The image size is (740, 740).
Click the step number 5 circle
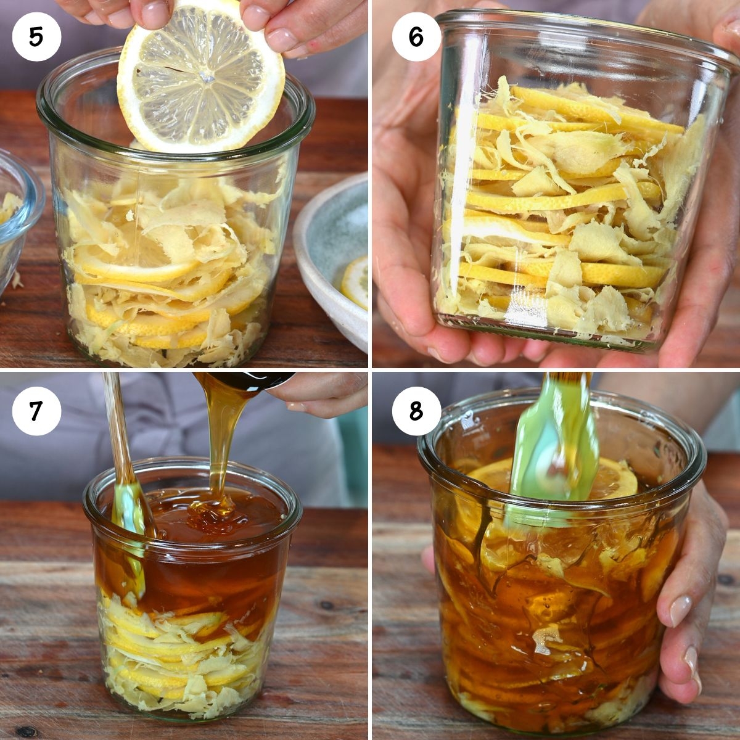36,36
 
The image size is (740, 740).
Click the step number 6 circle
416,36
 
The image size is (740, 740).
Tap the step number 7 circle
36,411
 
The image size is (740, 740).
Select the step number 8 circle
416,411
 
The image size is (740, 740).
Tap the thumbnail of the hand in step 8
680,610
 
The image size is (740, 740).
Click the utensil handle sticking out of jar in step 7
117,425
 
